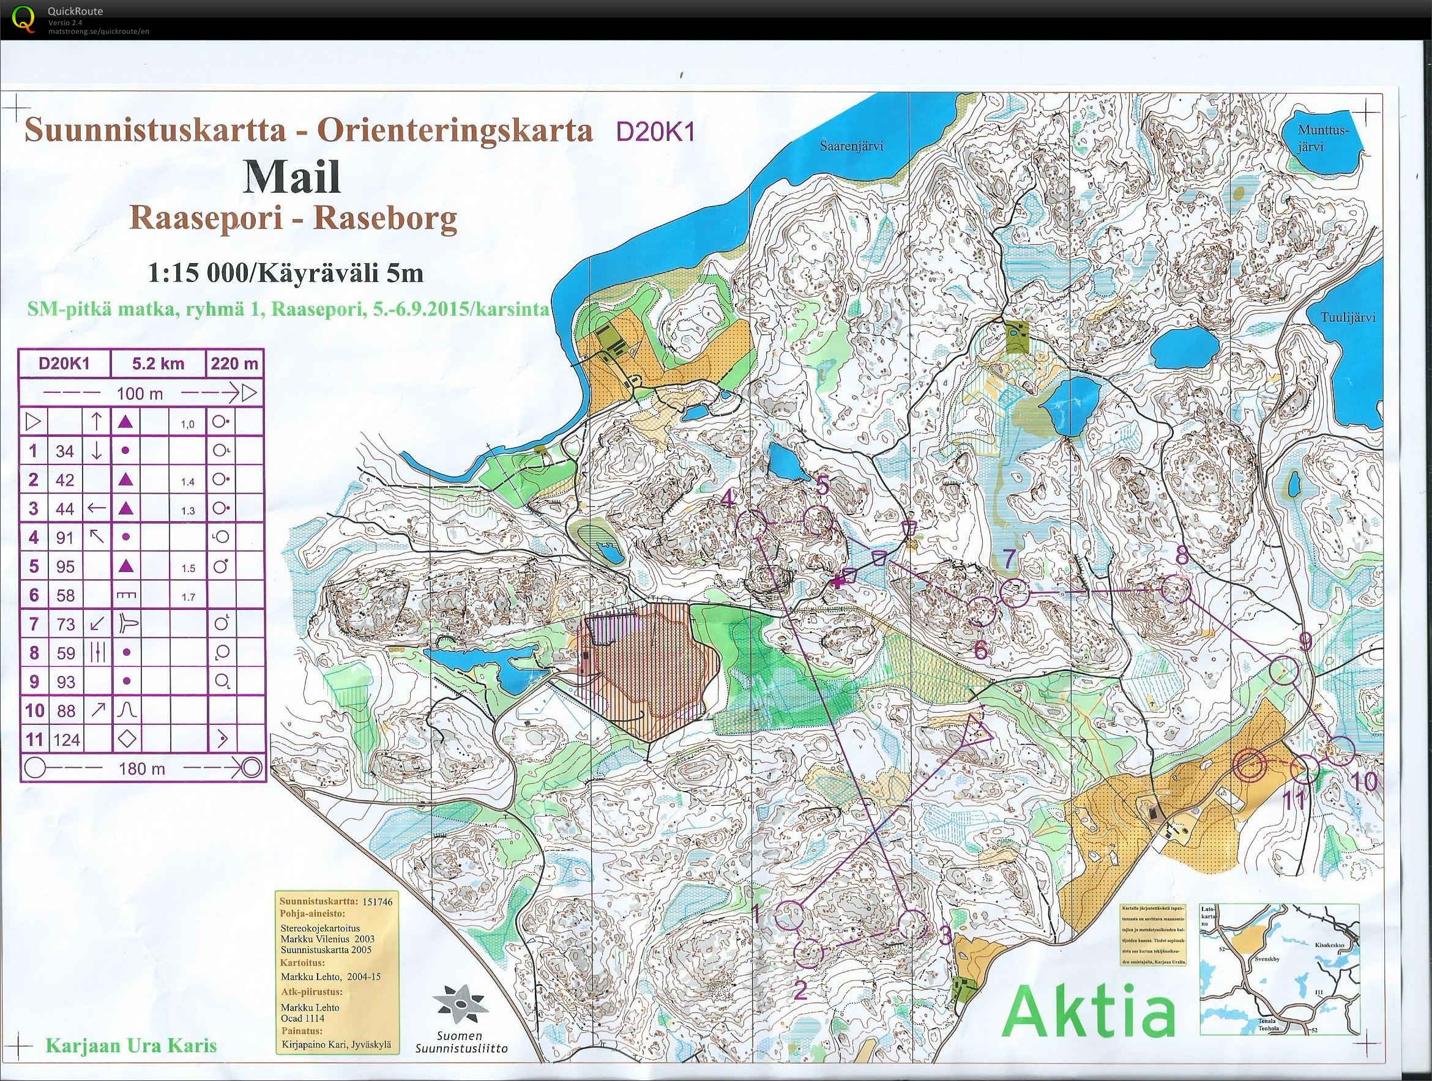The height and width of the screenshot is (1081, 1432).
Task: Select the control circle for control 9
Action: pyautogui.click(x=1285, y=671)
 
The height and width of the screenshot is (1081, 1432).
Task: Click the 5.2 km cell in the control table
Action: pyautogui.click(x=158, y=364)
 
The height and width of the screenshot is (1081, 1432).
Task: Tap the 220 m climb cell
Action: pyautogui.click(x=234, y=364)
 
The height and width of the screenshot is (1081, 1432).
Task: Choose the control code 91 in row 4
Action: pyautogui.click(x=65, y=537)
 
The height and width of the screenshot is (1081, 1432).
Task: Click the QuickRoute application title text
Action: pyautogui.click(x=75, y=11)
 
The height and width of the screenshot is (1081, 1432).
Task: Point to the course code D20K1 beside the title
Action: pyautogui.click(x=655, y=132)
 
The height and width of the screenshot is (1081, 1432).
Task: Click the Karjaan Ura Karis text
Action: pyautogui.click(x=131, y=1046)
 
